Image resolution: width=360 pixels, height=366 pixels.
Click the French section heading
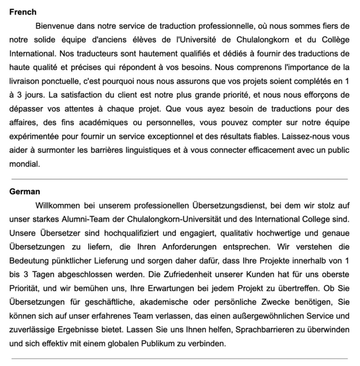click(23, 12)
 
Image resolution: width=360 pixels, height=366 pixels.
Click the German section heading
click(24, 191)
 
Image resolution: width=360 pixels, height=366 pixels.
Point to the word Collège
click(336, 40)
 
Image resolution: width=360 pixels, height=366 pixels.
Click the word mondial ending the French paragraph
click(24, 164)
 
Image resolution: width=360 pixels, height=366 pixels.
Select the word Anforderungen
click(189, 247)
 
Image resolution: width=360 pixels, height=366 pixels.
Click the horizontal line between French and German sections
click(180, 179)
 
